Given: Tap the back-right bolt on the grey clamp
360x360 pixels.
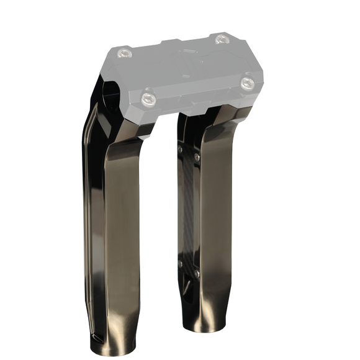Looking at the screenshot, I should [x=222, y=39].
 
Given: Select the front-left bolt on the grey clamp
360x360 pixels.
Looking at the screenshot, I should [x=148, y=98].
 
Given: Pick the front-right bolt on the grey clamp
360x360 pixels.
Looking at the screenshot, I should [x=247, y=82].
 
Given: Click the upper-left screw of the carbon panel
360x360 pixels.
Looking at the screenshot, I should [x=181, y=149].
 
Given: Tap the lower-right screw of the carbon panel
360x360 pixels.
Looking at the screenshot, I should [x=197, y=272].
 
